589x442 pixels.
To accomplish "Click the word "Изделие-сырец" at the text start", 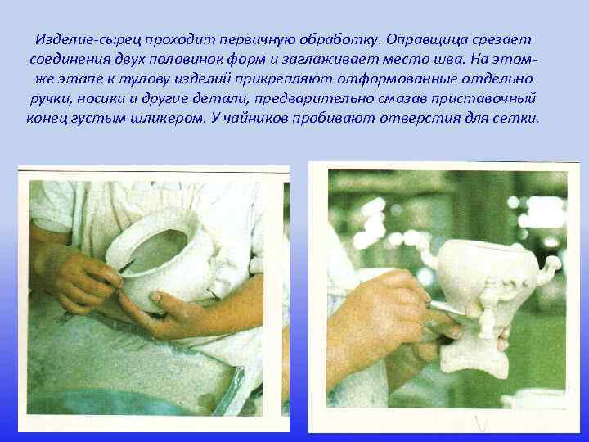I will [x=82, y=39].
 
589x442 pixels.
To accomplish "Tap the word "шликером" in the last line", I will [x=203, y=117].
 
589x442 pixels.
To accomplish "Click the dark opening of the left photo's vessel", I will [x=160, y=253].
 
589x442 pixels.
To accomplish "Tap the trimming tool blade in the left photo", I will [x=127, y=267].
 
